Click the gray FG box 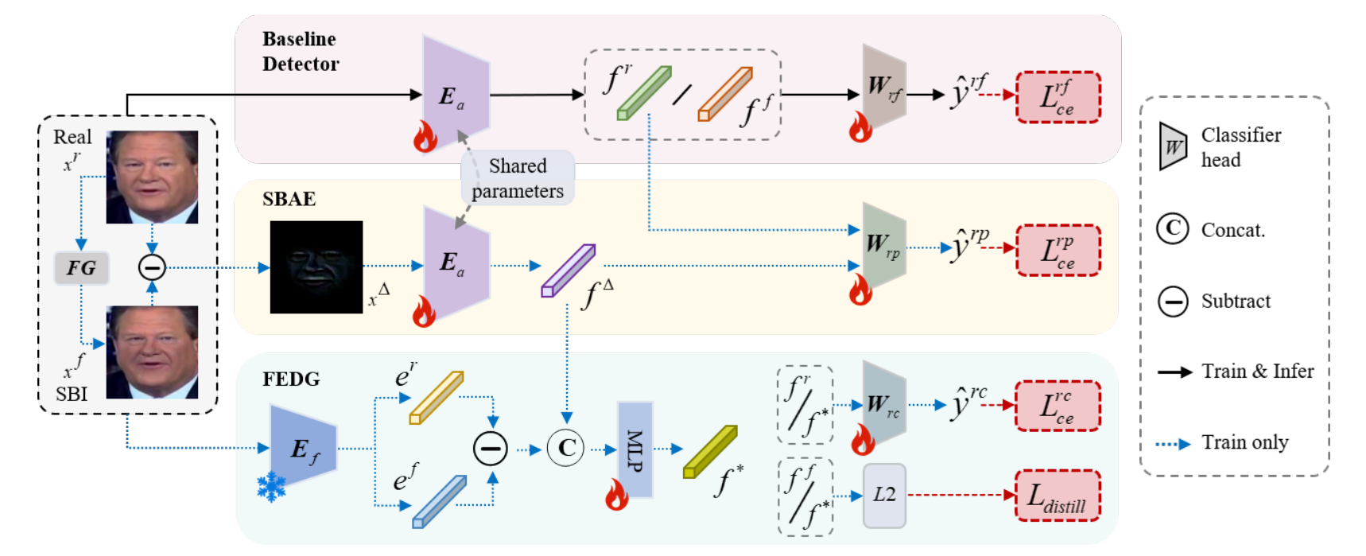tap(81, 268)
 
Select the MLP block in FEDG tap(635, 449)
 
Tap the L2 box tap(884, 496)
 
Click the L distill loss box tap(1057, 496)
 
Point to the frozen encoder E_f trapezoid tap(303, 447)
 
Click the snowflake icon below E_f tap(271, 487)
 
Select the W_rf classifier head tap(884, 87)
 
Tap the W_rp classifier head tap(884, 245)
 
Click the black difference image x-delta tap(316, 267)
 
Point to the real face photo tap(152, 177)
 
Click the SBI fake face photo tap(152, 352)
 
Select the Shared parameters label tap(518, 178)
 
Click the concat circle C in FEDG tap(566, 448)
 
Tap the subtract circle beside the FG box tap(152, 267)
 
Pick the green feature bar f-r tap(644, 93)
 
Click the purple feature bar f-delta tap(569, 270)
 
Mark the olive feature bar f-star tap(710, 452)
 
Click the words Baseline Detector tap(301, 51)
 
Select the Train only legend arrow tap(1173, 444)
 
